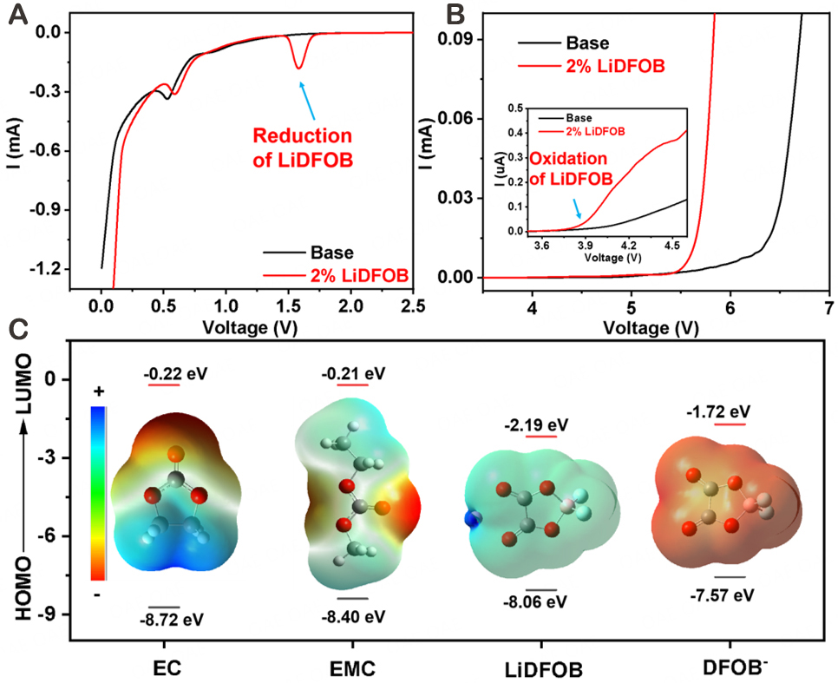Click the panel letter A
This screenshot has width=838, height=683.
16,16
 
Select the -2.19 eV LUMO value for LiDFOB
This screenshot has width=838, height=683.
536,424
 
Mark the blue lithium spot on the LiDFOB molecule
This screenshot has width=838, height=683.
470,518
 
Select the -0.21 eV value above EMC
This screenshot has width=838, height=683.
352,373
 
